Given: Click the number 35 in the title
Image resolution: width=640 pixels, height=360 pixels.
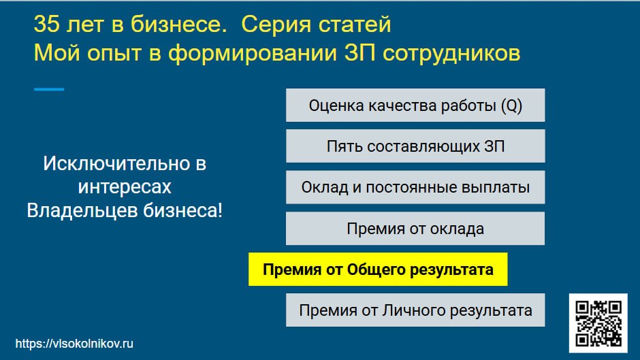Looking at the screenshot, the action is (47, 24).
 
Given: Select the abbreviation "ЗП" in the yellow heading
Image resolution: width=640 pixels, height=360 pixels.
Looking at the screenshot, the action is (359, 53).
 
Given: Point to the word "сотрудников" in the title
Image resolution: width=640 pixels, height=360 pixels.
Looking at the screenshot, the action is (451, 54).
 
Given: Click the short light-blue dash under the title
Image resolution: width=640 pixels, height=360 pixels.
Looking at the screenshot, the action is (49, 89).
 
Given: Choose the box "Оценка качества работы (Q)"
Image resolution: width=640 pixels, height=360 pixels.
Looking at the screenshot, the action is (415, 105).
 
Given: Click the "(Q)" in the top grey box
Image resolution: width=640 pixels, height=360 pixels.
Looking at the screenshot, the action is (511, 105).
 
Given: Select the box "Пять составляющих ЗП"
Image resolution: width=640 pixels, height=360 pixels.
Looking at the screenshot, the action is (415, 146).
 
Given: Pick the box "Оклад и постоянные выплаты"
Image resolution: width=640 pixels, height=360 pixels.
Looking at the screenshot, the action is (415, 187).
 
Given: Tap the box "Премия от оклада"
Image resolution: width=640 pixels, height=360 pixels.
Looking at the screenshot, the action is (415, 228).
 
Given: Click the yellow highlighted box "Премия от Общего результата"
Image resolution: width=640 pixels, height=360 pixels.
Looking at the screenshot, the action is (378, 269).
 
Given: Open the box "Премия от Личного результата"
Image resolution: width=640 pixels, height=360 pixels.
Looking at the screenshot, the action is (415, 310).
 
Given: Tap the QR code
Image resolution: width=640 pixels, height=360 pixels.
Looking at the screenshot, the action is (598, 323).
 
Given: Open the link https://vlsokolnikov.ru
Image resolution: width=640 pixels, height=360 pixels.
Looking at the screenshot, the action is (74, 344).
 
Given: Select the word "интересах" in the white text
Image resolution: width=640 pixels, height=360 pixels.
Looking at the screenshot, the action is (125, 187).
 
